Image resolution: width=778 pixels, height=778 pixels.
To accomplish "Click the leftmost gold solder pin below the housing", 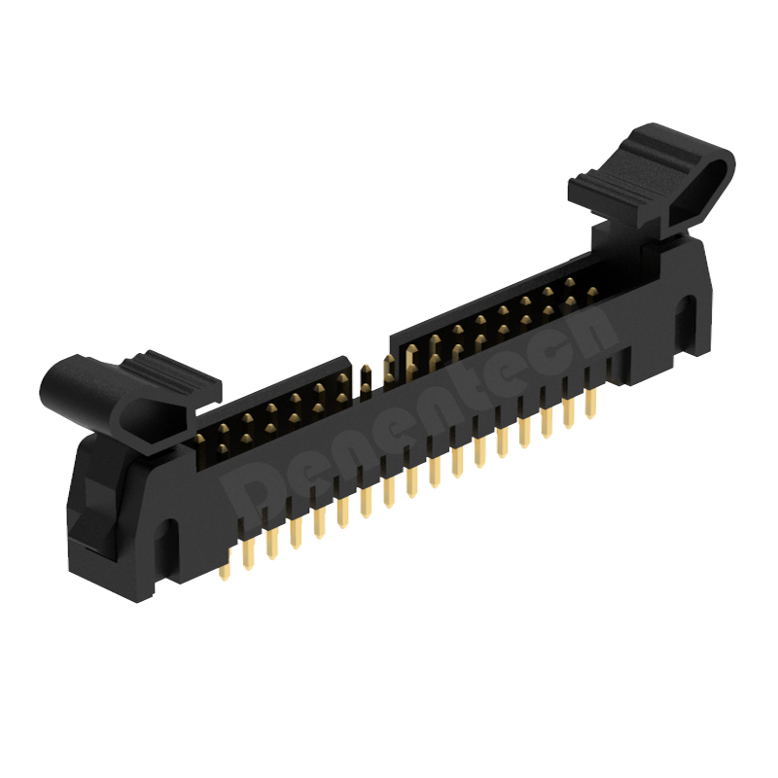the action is (x=225, y=566).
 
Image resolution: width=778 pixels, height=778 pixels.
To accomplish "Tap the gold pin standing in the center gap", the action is (x=366, y=379).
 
